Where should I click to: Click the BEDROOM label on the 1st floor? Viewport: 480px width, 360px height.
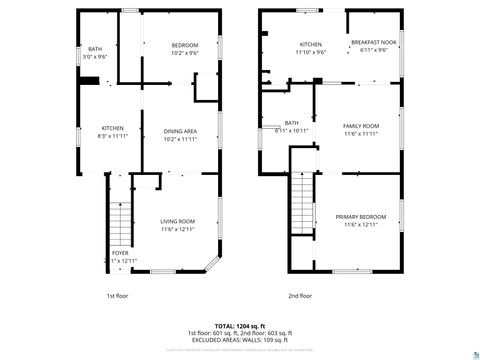tap(184, 46)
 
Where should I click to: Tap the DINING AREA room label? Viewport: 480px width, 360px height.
tap(180, 132)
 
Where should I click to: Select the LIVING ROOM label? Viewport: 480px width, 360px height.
tap(178, 221)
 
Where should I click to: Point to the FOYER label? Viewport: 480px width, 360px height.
tap(120, 254)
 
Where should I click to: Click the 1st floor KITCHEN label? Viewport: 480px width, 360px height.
tap(112, 128)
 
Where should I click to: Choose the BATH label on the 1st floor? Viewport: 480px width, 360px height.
tap(95, 49)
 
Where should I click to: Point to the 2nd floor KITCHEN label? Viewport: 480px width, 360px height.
tap(310, 46)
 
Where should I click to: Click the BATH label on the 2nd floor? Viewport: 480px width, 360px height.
tap(292, 123)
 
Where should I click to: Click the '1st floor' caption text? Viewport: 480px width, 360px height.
tap(118, 296)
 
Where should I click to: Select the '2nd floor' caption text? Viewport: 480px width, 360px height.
tap(299, 296)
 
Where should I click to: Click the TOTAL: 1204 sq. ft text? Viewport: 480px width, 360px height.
tap(236, 326)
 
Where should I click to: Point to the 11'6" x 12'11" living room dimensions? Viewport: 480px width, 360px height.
tap(178, 230)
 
